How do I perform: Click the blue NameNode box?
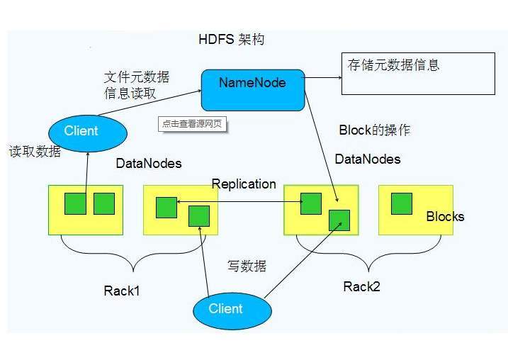[252, 89]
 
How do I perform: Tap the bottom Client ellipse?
[232, 309]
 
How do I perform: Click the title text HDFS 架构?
[231, 39]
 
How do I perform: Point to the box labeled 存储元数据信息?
[418, 73]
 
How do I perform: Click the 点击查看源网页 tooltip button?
[195, 123]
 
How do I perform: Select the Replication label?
[244, 184]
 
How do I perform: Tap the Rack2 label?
[361, 286]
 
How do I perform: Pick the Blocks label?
[445, 216]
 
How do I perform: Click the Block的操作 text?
[374, 130]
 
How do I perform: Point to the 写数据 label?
[247, 266]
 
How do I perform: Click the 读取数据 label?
[35, 152]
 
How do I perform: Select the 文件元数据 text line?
[136, 77]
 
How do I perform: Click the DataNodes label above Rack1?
[148, 164]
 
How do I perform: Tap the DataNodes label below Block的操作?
[367, 159]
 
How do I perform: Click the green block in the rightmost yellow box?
[401, 203]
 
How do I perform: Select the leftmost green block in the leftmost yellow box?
[75, 203]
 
